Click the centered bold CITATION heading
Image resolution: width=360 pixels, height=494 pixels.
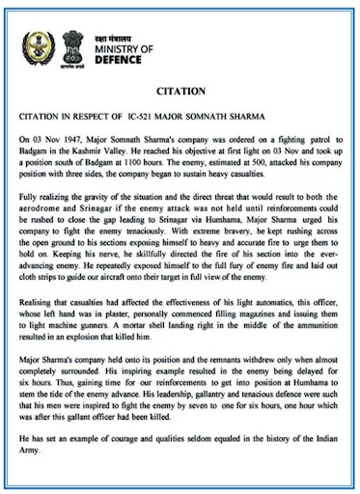[180, 93]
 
